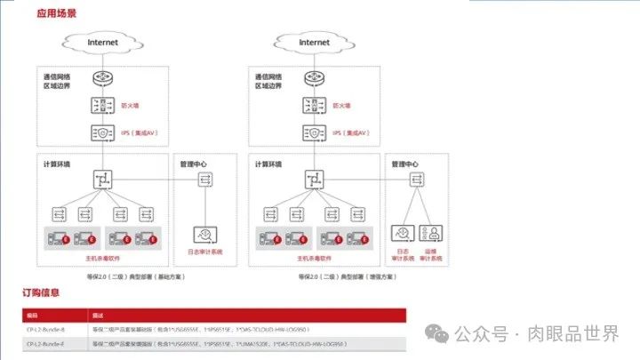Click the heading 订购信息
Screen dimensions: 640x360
pos(41,292)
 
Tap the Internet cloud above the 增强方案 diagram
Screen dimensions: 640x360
pos(314,43)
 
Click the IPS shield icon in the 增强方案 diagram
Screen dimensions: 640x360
pos(315,132)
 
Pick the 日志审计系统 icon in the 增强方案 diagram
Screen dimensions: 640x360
pos(403,235)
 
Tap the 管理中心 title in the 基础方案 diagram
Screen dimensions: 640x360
pos(193,164)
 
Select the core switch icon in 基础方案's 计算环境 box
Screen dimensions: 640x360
pos(103,180)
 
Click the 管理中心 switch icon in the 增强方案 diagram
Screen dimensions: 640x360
pos(418,180)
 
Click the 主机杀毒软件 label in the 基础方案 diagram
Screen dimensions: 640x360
pos(102,259)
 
